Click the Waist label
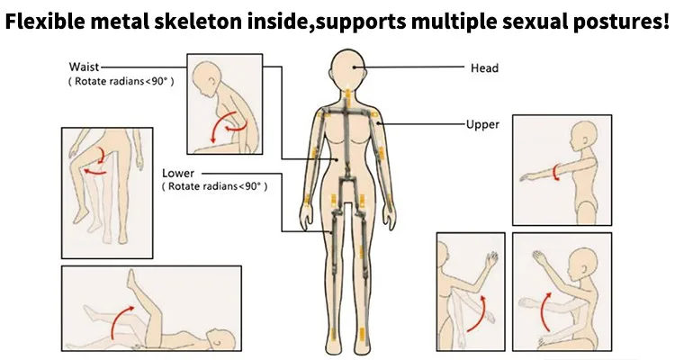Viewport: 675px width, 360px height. (84, 67)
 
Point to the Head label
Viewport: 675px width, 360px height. (484, 67)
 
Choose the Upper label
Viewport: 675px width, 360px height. (482, 124)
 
